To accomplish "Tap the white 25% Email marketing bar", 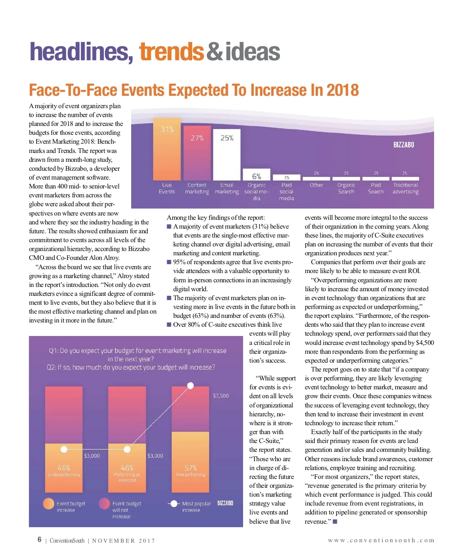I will (x=227, y=154).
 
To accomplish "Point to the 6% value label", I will (x=257, y=176).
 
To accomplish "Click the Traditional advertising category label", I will (x=405, y=188).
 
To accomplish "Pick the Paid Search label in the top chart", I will (x=376, y=188).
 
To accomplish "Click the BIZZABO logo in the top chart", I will (x=404, y=145).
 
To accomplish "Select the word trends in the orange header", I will (x=171, y=52).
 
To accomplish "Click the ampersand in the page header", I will (x=215, y=52).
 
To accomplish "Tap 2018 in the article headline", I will (x=343, y=90).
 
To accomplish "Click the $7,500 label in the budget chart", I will (x=221, y=396).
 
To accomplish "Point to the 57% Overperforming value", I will (x=191, y=468).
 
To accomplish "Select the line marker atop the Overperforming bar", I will (x=191, y=385).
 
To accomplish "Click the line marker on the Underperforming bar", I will (x=64, y=449).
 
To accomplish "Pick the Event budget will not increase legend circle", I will (x=104, y=504).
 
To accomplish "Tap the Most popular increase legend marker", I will (x=174, y=504).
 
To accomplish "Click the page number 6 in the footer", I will (x=39, y=540).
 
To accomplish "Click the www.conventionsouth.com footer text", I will (x=381, y=540).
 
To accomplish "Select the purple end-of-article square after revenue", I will (x=335, y=522).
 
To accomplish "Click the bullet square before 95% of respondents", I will (x=169, y=262).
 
